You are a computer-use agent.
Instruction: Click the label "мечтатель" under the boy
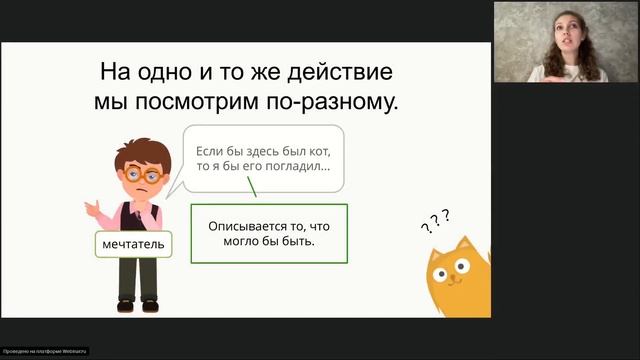click(x=133, y=243)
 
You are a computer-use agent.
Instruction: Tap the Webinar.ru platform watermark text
click(x=45, y=351)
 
